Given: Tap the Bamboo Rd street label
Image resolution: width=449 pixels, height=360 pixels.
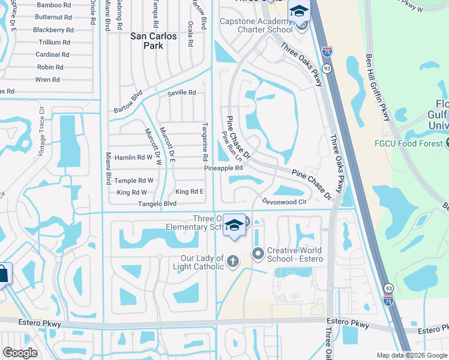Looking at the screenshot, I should (53, 5).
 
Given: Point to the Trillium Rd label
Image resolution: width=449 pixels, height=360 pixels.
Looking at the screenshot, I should (54, 42).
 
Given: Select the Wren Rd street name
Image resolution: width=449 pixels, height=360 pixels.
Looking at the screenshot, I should (47, 79).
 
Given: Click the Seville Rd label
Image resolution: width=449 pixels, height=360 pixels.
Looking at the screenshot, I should (181, 92).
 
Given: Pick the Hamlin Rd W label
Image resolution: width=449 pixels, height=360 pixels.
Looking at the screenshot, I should (133, 157).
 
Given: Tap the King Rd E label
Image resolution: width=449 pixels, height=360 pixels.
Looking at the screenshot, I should (190, 191).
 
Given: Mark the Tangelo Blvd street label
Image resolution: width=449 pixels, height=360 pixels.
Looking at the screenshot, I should (157, 203).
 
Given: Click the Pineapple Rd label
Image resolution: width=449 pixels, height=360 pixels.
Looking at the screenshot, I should (223, 168).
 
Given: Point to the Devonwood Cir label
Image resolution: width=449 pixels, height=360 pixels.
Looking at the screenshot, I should (285, 202).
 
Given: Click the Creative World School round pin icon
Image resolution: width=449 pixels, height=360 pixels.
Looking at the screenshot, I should (258, 254).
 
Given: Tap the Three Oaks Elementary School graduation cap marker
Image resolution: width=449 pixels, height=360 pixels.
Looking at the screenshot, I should (234, 226).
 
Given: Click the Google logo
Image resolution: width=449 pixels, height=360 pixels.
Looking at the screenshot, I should (20, 352).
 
